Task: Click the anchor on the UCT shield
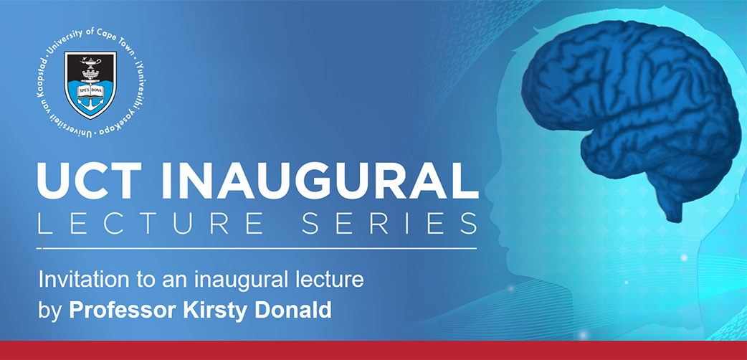point(90,101)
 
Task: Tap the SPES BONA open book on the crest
point(90,89)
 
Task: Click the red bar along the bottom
point(373,351)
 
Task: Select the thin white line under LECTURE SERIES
point(257,248)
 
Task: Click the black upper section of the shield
point(90,66)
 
